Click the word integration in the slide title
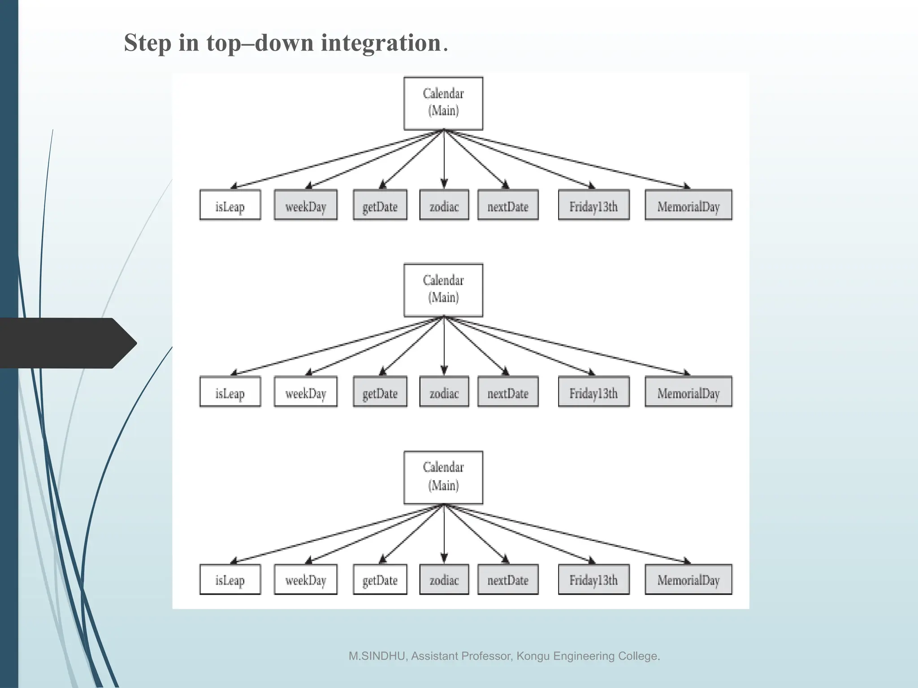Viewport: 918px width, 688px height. click(381, 43)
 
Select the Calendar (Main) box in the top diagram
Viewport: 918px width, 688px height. click(443, 103)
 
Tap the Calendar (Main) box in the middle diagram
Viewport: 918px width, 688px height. click(443, 290)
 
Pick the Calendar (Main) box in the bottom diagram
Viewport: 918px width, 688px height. click(443, 477)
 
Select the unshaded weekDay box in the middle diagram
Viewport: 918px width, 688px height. click(306, 392)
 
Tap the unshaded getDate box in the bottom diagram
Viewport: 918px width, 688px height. click(380, 579)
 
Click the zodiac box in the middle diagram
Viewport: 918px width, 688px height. click(444, 392)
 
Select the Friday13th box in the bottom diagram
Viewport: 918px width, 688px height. click(593, 579)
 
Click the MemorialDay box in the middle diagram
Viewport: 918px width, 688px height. click(688, 392)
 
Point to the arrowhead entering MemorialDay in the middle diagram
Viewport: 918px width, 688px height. click(687, 373)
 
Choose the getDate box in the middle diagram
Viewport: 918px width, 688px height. click(380, 392)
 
